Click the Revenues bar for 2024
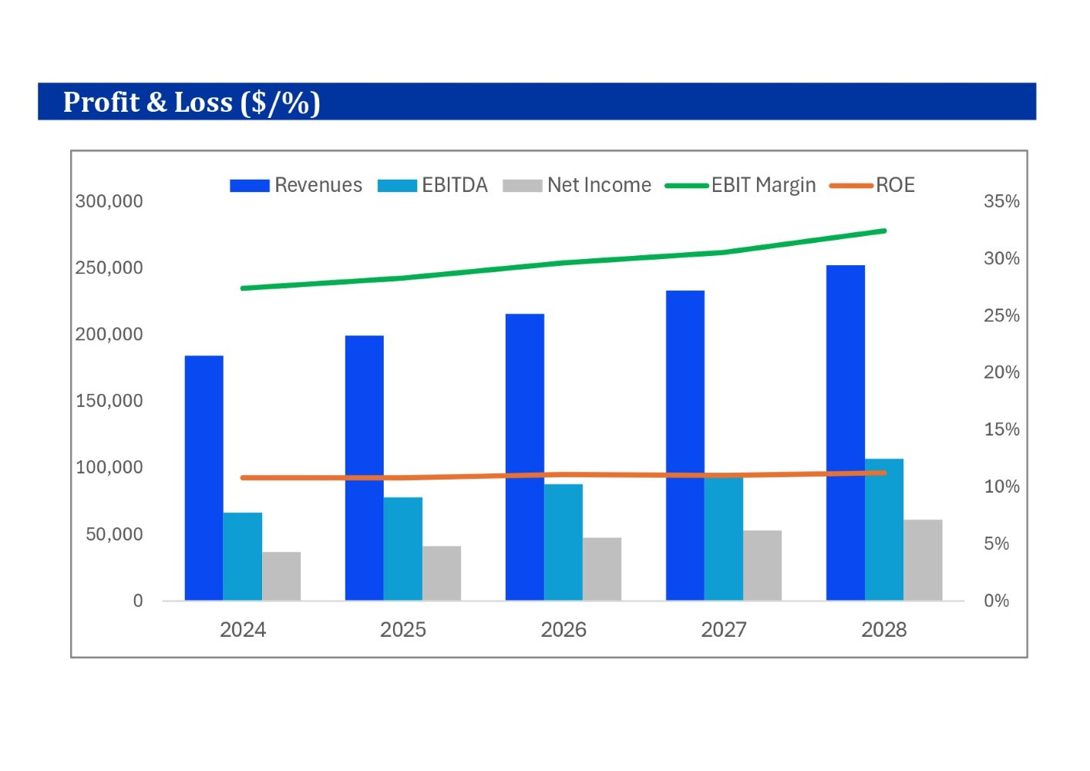(x=204, y=478)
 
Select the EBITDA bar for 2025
(x=403, y=549)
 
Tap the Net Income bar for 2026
(x=602, y=569)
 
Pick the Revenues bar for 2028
(x=846, y=433)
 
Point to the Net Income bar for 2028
(x=923, y=560)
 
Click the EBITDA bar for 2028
(x=884, y=532)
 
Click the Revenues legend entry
(x=296, y=185)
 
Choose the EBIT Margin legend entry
(x=740, y=185)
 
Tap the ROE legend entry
(x=872, y=185)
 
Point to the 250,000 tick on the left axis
(x=109, y=268)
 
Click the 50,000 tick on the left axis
(x=114, y=534)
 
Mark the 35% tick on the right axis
(x=1001, y=201)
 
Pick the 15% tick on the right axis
(x=1001, y=429)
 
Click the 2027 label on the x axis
(x=724, y=630)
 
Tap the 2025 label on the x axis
(x=403, y=630)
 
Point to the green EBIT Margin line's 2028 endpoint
(x=884, y=231)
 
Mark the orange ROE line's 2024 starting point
(x=243, y=478)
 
